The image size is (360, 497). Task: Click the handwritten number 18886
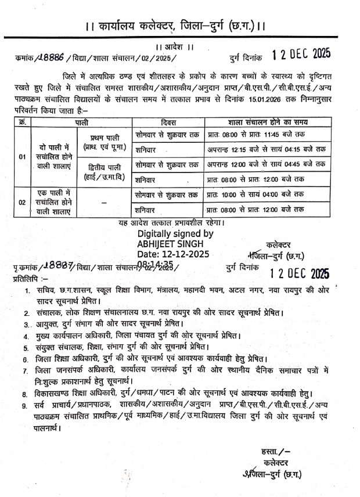pos(50,57)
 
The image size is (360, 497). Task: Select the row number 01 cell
pos(22,157)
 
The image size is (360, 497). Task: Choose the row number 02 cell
pos(22,201)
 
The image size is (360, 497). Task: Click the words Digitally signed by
pos(175,233)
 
